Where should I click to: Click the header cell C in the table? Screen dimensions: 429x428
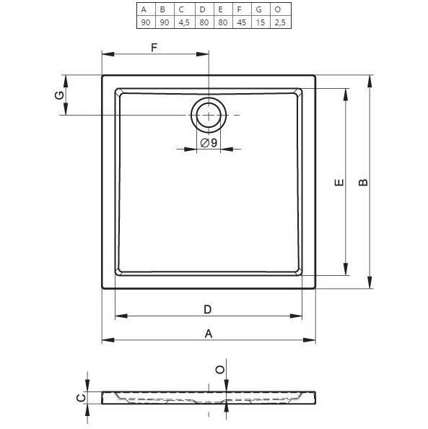[182, 10]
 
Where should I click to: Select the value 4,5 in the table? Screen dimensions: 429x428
[182, 22]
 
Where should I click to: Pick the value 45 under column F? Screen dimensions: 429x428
[239, 22]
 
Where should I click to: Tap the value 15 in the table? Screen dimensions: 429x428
[258, 22]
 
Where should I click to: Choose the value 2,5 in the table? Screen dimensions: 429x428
[277, 22]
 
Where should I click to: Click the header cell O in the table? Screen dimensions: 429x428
[277, 10]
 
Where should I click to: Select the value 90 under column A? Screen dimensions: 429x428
[144, 22]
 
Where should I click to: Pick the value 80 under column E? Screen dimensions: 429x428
[220, 22]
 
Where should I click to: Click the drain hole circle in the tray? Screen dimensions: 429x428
[209, 115]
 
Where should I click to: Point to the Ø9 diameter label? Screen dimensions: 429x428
[209, 143]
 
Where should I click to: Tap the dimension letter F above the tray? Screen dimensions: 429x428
[154, 48]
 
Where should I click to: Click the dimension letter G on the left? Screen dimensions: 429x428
[59, 95]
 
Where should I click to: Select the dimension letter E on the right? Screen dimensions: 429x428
[338, 183]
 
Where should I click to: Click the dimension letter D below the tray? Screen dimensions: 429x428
[207, 309]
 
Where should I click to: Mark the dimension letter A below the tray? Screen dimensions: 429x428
[209, 333]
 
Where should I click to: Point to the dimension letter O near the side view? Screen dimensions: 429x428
[220, 370]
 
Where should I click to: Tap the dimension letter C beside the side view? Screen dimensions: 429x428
[82, 396]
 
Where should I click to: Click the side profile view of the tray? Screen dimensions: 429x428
[209, 396]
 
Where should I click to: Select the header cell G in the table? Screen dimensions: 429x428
[258, 10]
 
